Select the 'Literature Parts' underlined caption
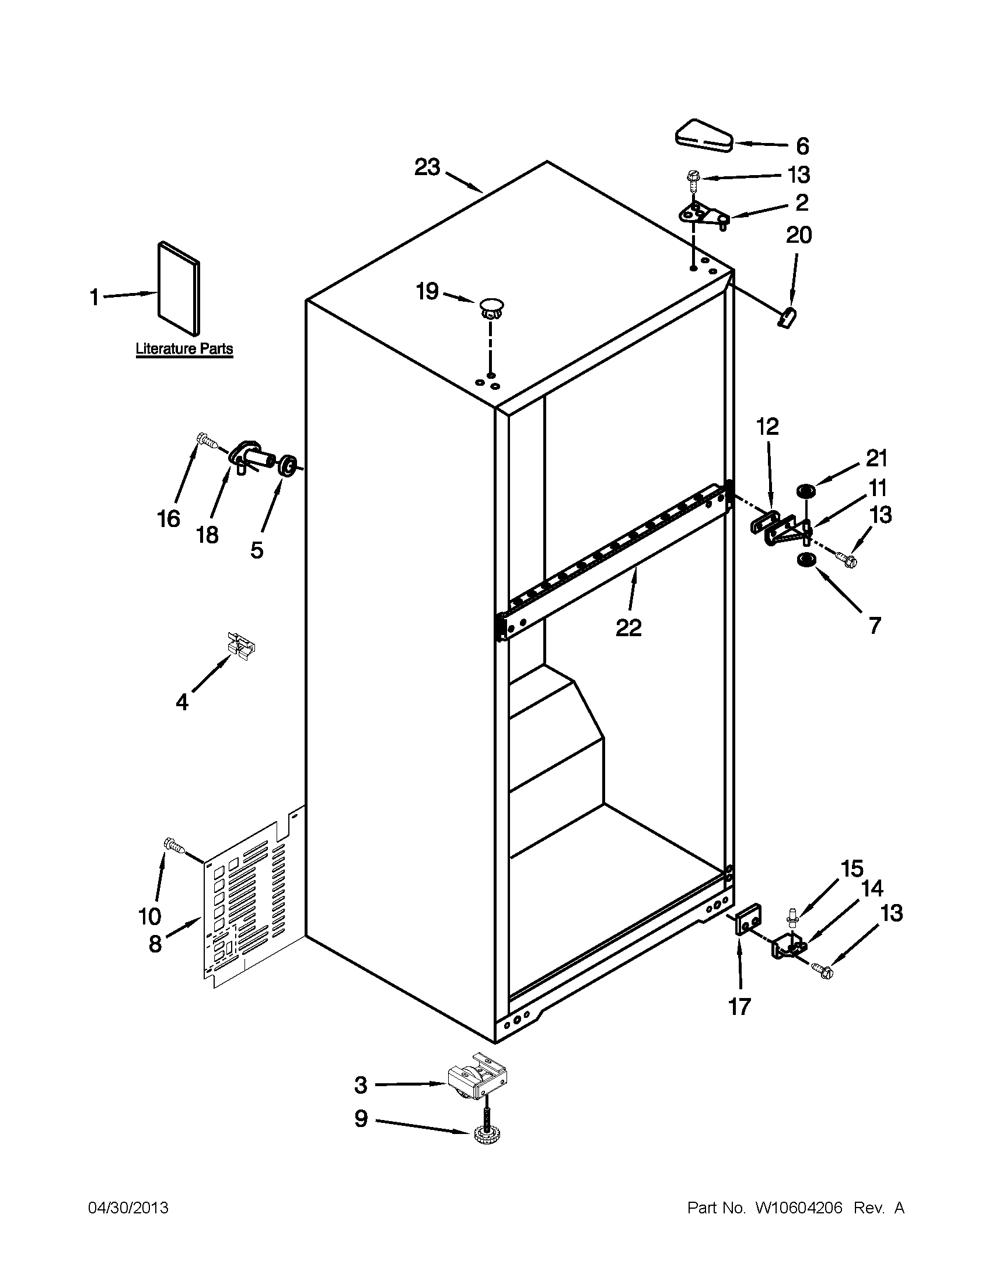point(184,348)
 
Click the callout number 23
point(427,168)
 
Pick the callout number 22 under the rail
point(628,628)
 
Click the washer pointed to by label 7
point(805,560)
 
